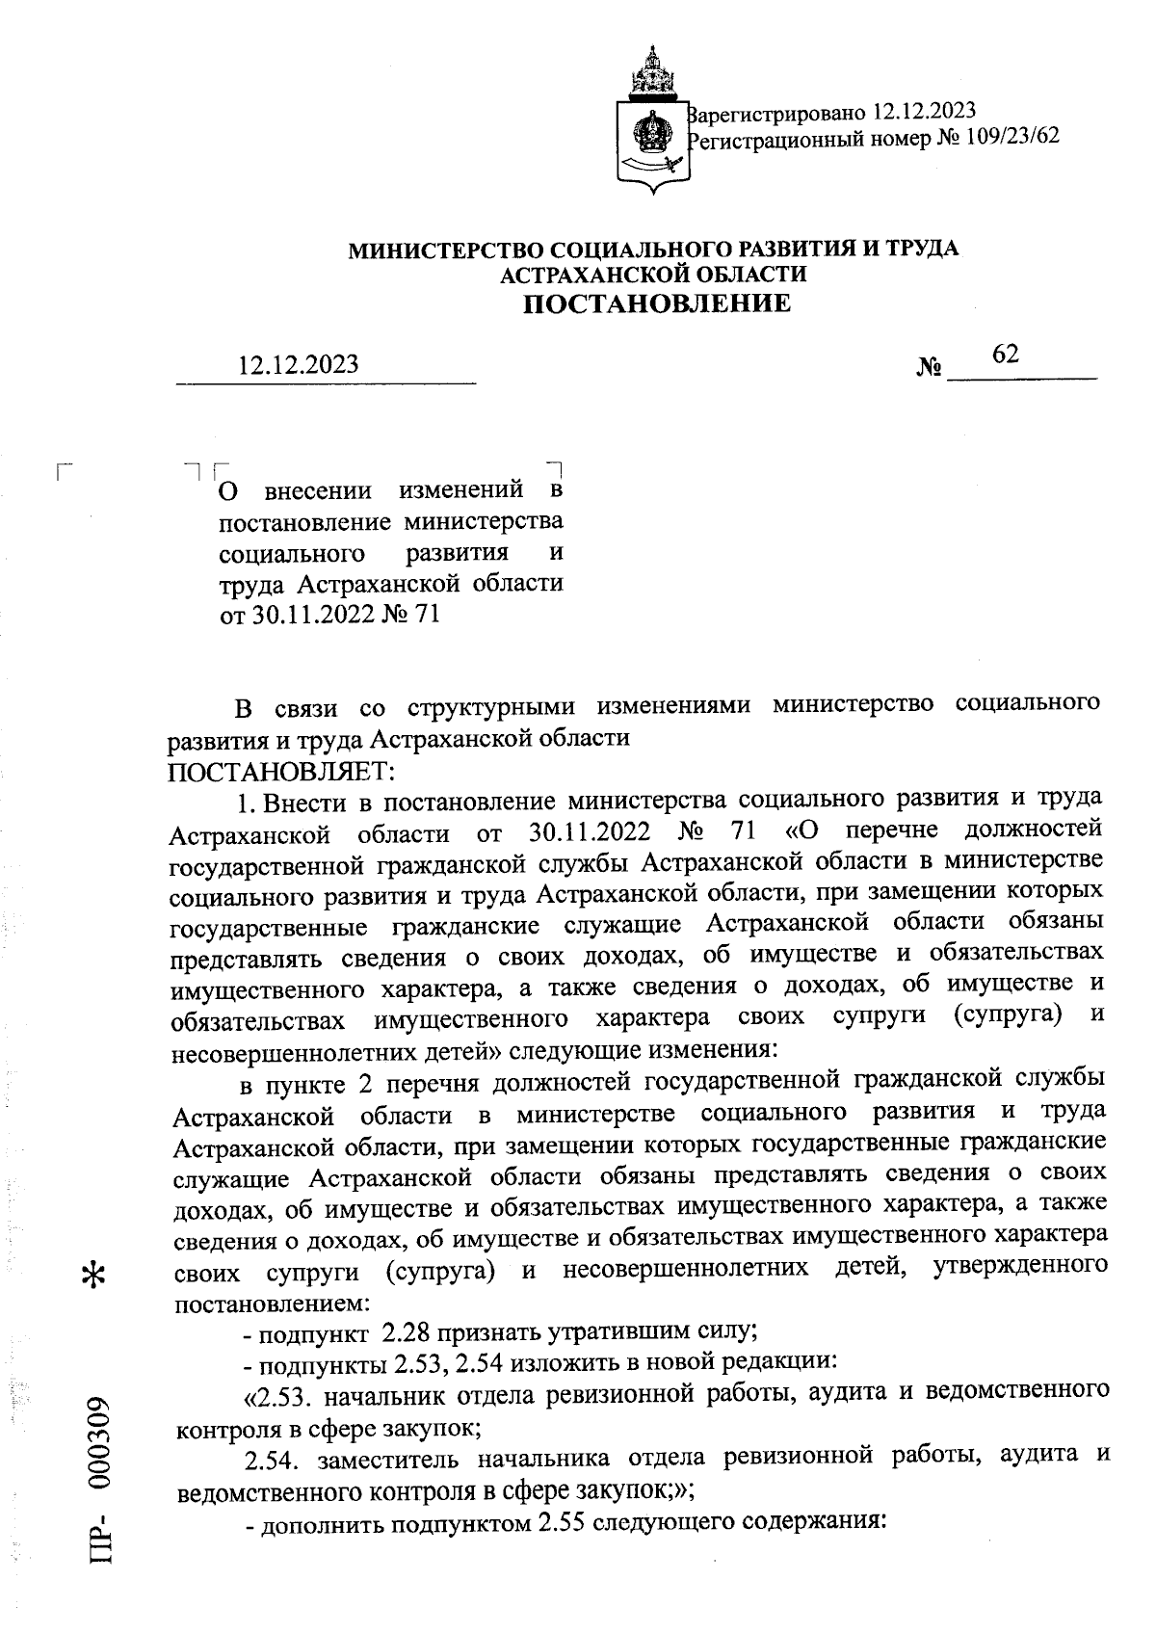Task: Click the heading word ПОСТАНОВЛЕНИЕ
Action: click(656, 304)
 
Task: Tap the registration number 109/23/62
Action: click(1012, 137)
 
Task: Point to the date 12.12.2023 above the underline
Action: click(300, 365)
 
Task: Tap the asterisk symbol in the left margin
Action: click(95, 1273)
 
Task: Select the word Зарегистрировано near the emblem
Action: click(777, 110)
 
